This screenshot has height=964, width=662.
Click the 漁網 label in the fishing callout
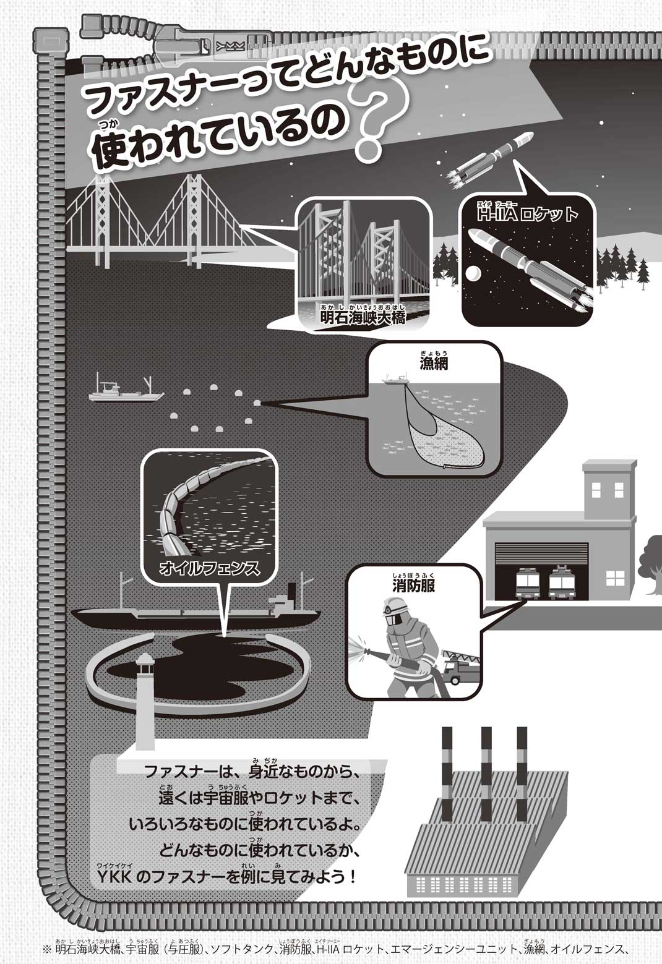click(x=432, y=363)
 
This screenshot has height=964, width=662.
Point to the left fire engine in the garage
click(x=528, y=583)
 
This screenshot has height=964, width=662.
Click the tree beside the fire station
click(x=650, y=557)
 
